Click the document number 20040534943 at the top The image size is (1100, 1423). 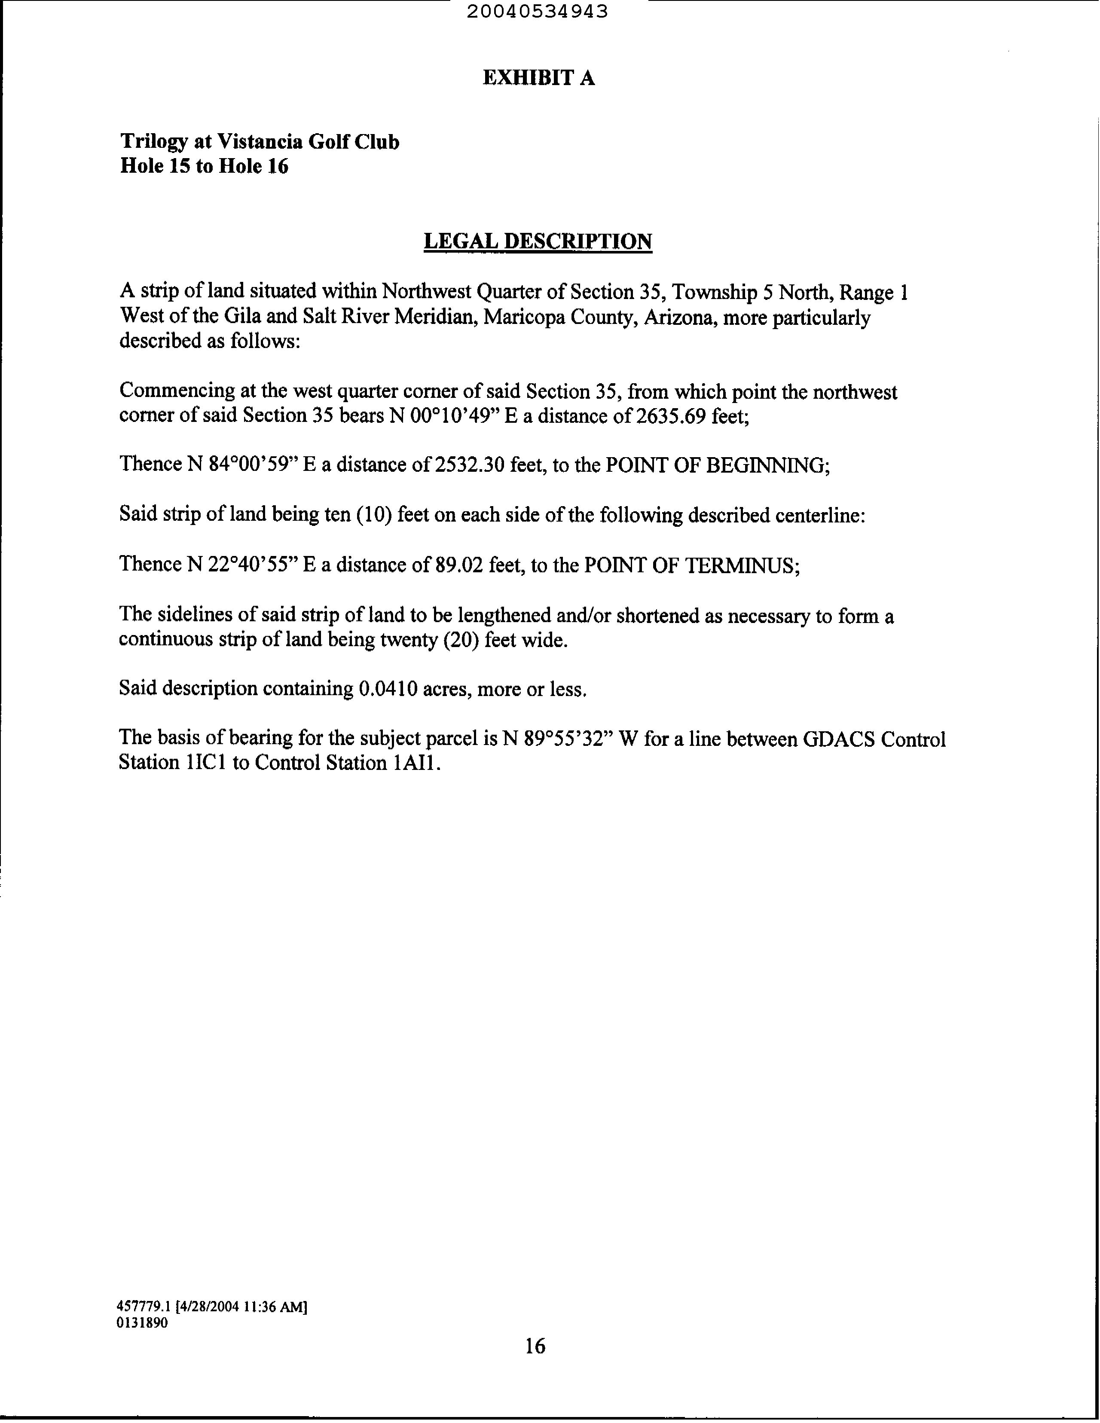tap(538, 11)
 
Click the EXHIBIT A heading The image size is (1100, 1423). tap(538, 78)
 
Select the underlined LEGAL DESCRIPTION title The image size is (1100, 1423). tap(538, 242)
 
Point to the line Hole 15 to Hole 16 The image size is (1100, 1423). tap(204, 166)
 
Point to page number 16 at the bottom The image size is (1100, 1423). tap(535, 1346)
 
